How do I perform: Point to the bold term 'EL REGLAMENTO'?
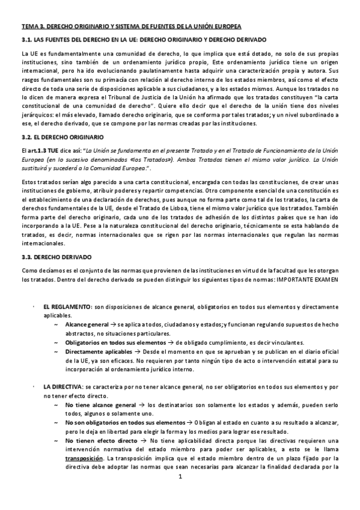(65, 307)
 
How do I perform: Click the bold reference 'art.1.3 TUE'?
(51, 150)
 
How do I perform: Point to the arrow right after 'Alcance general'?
(114, 325)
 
